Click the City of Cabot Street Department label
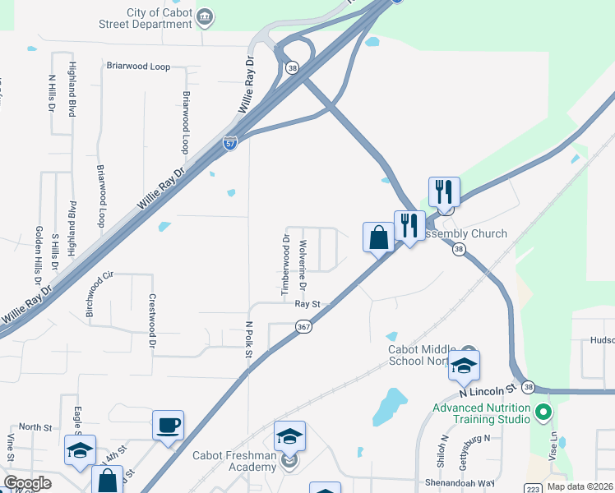click(x=159, y=18)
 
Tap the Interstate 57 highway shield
click(x=231, y=143)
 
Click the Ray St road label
click(x=307, y=304)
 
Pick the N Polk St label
click(x=249, y=339)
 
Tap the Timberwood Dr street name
click(x=286, y=265)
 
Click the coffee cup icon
click(x=169, y=426)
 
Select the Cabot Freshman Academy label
click(x=235, y=462)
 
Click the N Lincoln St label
click(x=495, y=386)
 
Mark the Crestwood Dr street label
click(x=152, y=322)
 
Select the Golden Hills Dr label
click(x=39, y=254)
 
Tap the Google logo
click(x=27, y=483)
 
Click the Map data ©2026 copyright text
click(x=580, y=486)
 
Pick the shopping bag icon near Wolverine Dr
click(x=378, y=238)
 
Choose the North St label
click(x=35, y=427)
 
